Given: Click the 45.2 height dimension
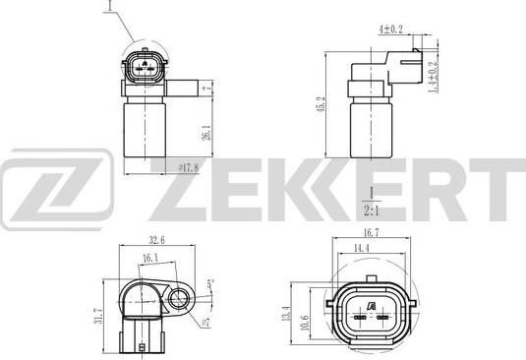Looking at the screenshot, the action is [x=321, y=104].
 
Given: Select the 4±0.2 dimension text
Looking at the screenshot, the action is [x=390, y=30].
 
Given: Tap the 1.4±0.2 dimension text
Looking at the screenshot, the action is [x=433, y=77].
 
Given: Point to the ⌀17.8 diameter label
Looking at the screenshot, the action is [x=188, y=168].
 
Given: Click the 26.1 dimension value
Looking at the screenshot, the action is [x=207, y=132].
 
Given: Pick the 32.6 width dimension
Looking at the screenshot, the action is [x=156, y=240].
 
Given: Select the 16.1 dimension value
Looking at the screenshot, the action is [x=150, y=258].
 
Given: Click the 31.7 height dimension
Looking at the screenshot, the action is [x=98, y=316].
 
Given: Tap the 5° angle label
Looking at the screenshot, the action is [x=210, y=284].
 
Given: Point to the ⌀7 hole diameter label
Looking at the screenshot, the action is [x=205, y=323].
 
